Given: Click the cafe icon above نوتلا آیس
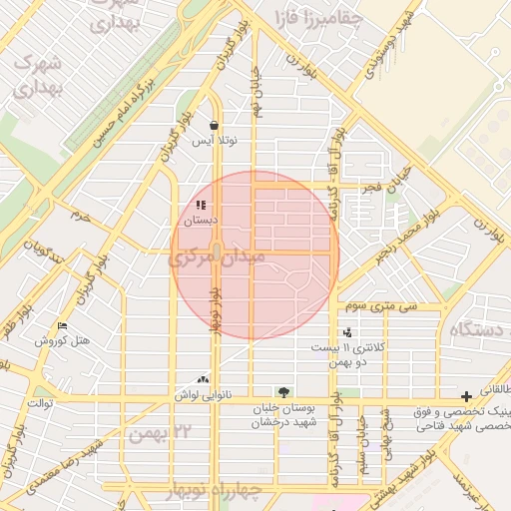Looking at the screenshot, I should click(215, 126).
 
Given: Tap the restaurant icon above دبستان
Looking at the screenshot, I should click(187, 205).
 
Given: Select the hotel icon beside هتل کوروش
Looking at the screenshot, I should click(63, 326).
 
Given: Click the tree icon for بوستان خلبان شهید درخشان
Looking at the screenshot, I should click(284, 392).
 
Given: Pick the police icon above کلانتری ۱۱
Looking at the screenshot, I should click(346, 332).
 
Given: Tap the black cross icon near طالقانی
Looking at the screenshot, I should click(466, 396).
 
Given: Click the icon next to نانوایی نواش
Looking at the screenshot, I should click(205, 380).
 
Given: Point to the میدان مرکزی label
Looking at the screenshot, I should click(217, 257).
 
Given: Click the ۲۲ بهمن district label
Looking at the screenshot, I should click(158, 431).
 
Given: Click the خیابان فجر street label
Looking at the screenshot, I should click(390, 179).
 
